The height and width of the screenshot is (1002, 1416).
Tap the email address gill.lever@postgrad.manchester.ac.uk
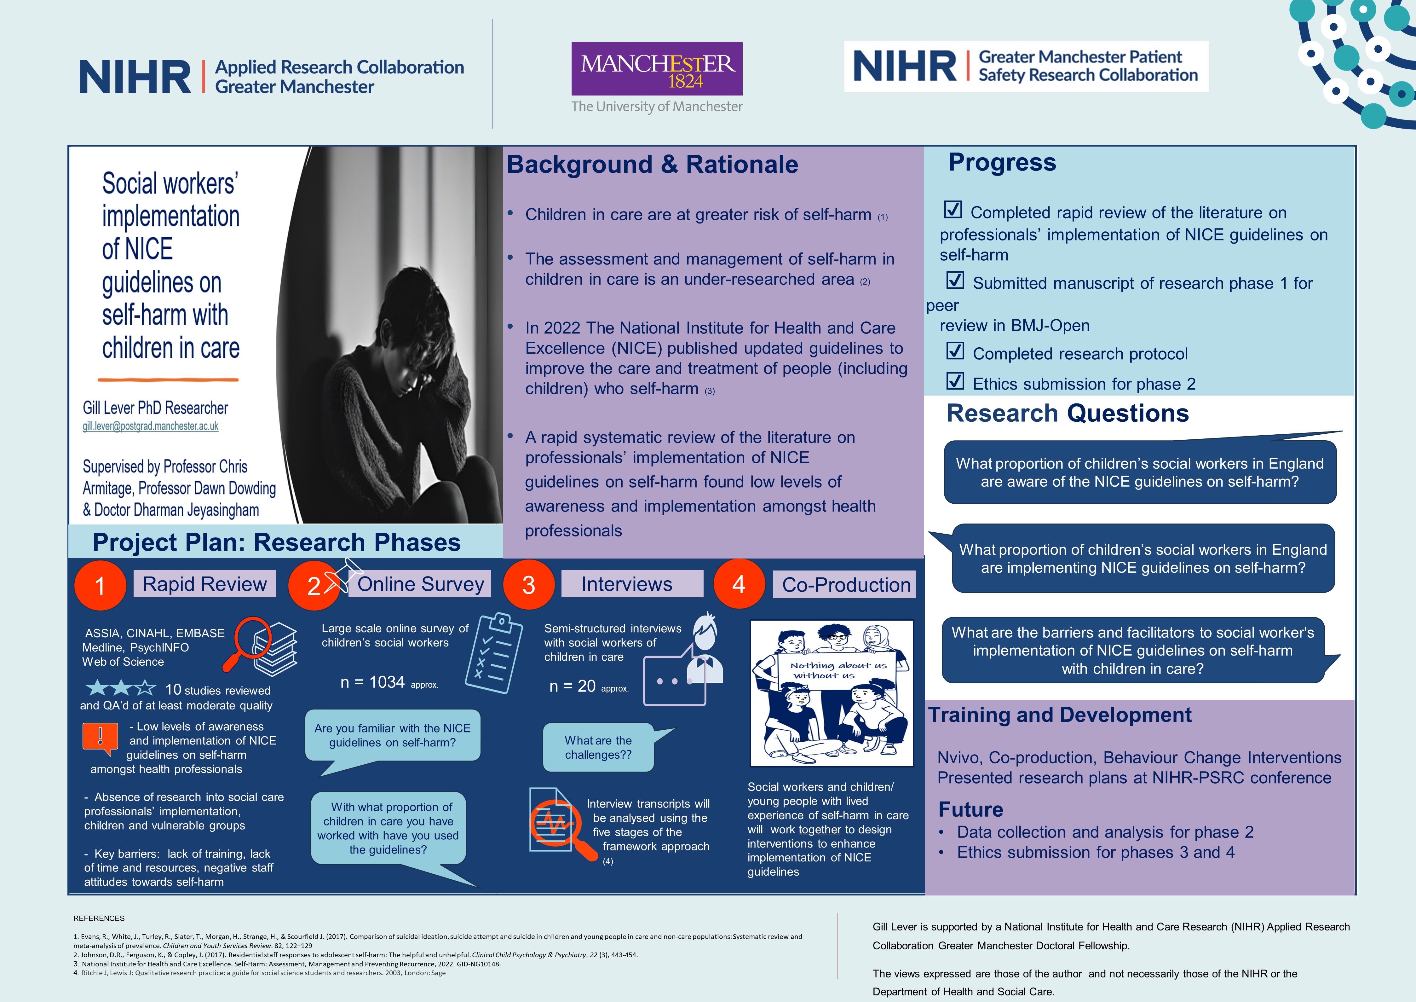[x=151, y=426]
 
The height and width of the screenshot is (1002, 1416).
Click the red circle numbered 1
[x=100, y=585]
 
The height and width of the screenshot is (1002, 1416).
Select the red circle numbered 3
[x=528, y=585]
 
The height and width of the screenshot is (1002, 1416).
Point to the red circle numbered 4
[x=739, y=584]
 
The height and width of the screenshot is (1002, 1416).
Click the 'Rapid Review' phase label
[x=204, y=584]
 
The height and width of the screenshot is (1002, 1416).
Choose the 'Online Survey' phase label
[x=421, y=584]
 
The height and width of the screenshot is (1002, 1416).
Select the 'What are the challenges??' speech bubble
[x=598, y=747]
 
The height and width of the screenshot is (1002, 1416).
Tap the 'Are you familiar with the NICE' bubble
[x=392, y=735]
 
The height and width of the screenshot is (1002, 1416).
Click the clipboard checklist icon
[x=495, y=653]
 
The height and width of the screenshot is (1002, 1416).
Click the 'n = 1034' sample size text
[x=372, y=682]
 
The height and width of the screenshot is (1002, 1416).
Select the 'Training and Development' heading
[x=1060, y=715]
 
